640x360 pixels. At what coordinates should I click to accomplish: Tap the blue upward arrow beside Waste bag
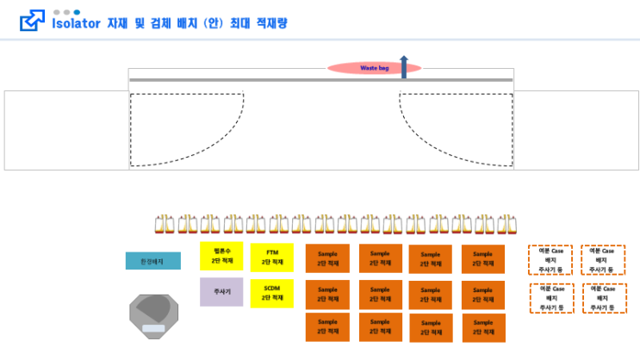tap(404, 65)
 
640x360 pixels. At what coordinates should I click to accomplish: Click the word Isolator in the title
tap(78, 23)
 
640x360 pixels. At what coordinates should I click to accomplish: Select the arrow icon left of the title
tap(32, 22)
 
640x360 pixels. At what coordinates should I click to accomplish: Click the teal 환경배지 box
tap(153, 260)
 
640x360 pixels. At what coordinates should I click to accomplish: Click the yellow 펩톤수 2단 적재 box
tap(221, 256)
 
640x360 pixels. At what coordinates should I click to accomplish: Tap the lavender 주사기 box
tap(221, 292)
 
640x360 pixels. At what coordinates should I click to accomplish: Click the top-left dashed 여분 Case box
tap(550, 259)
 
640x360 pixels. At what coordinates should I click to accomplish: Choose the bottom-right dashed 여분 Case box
tap(603, 298)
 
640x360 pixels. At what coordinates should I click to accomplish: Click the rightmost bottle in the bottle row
tap(506, 224)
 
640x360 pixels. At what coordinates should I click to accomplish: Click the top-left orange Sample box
tap(327, 258)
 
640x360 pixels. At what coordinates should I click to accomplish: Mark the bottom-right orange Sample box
tap(483, 328)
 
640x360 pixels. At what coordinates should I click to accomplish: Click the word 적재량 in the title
tap(271, 23)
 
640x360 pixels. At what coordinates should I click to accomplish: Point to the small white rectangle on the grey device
tap(154, 328)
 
